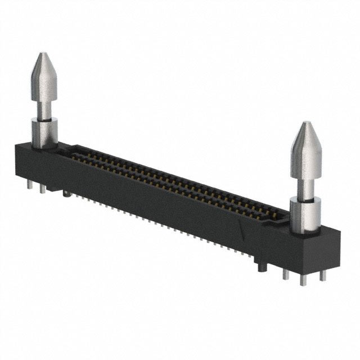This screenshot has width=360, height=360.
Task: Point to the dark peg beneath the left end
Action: [x=66, y=195]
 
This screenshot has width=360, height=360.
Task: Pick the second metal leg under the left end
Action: [x=42, y=188]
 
